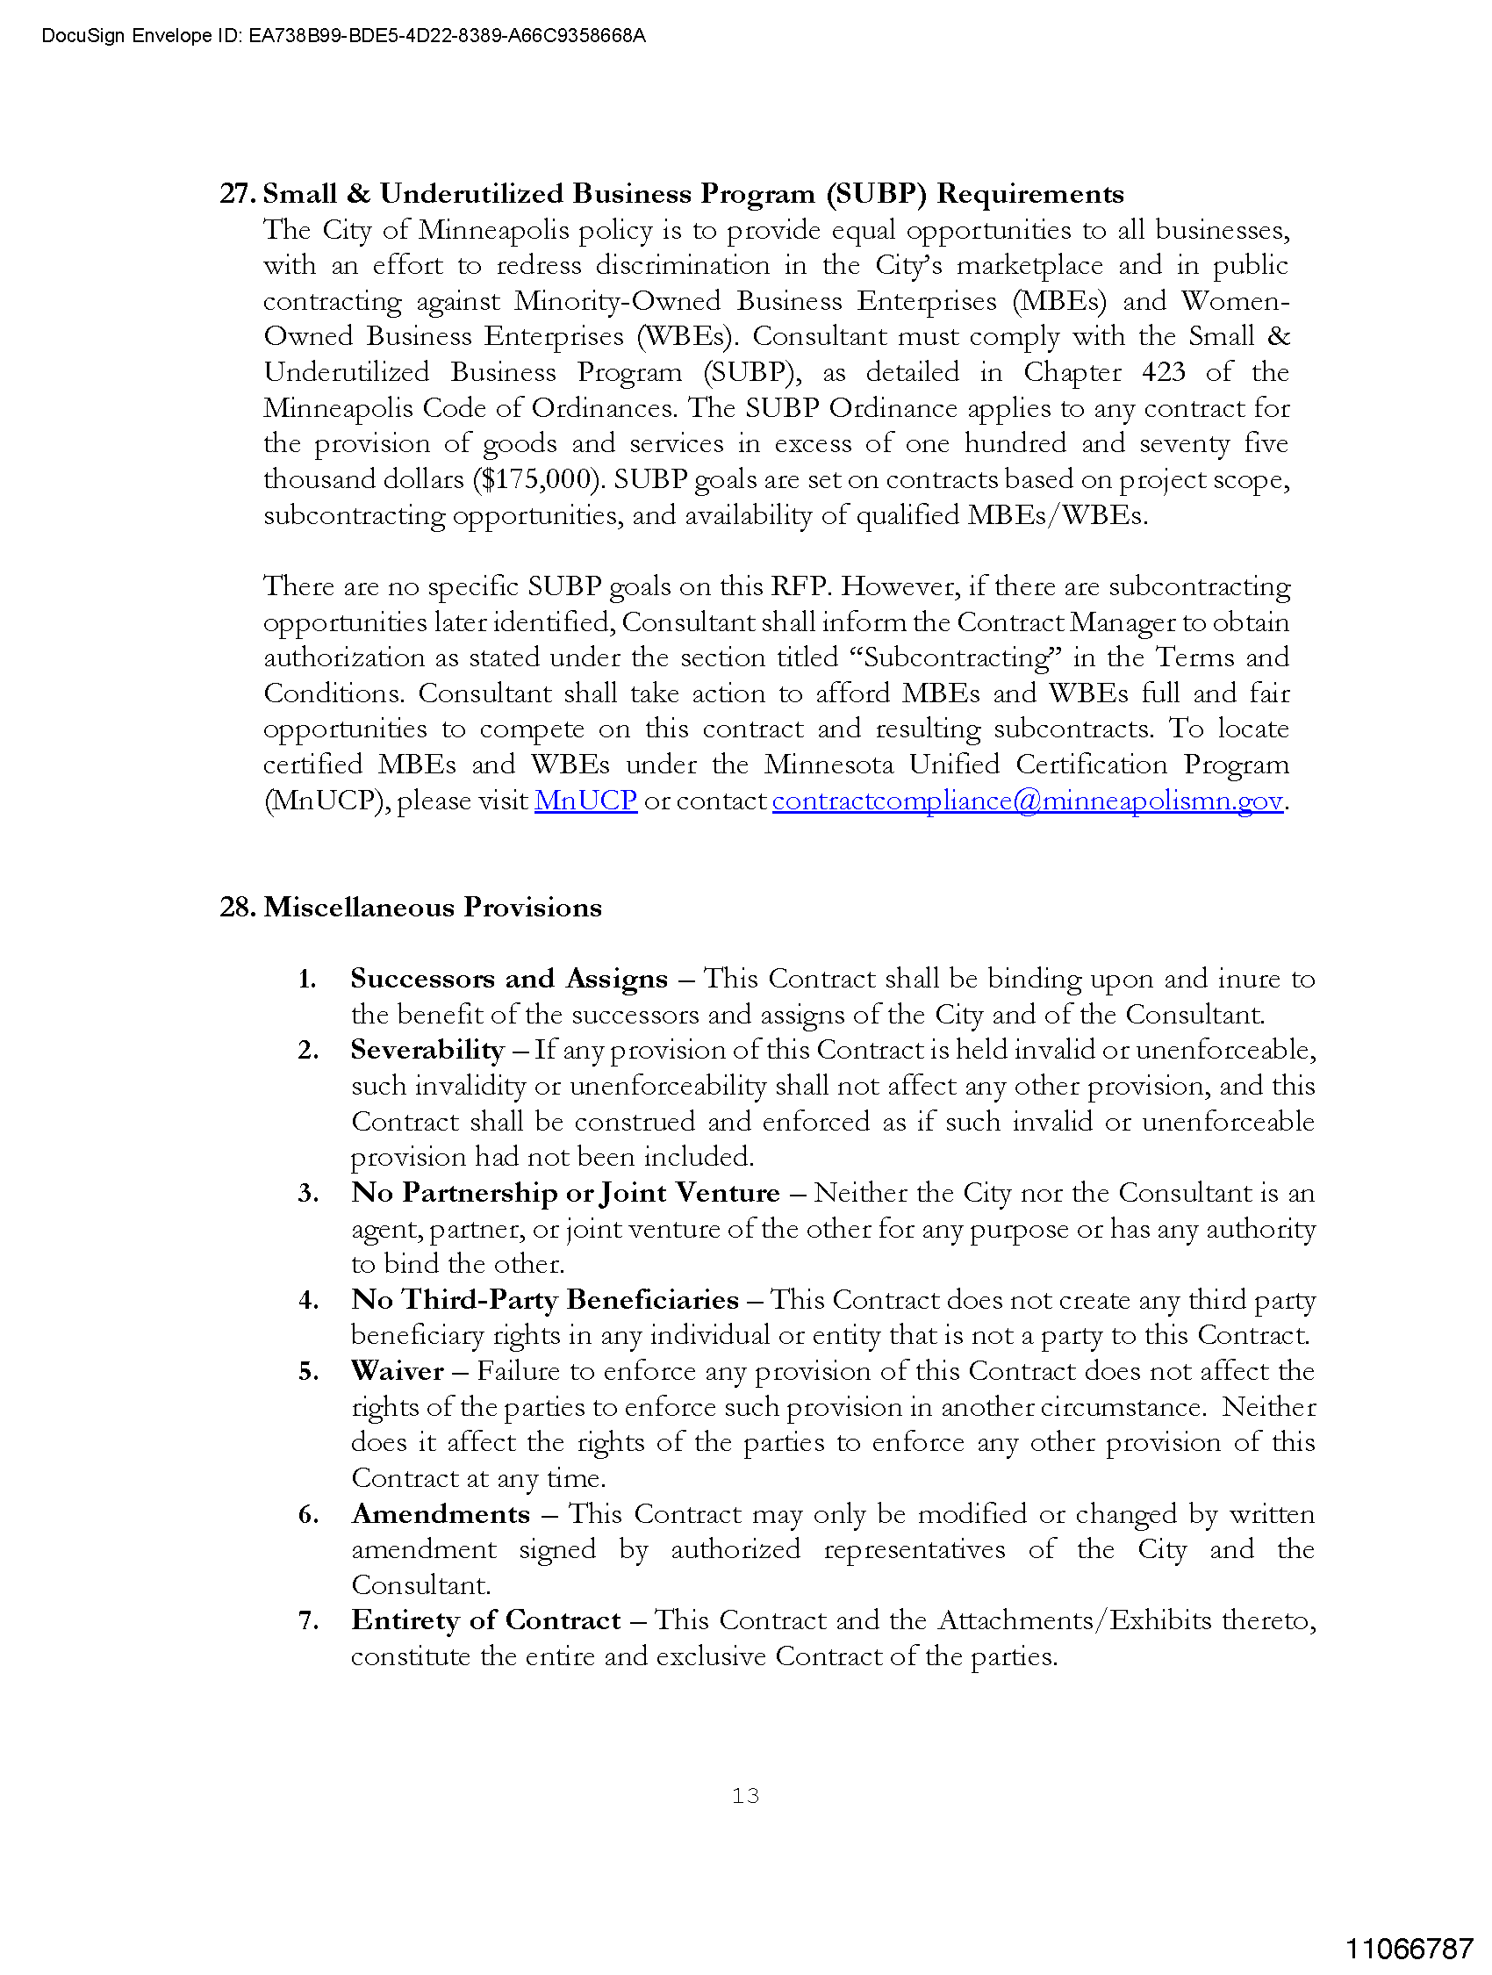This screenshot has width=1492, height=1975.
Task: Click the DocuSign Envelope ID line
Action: (x=343, y=36)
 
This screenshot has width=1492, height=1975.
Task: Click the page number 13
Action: (x=745, y=1796)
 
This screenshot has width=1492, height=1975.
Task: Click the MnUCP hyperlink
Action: (x=585, y=801)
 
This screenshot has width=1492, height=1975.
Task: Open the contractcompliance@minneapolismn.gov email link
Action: (x=1027, y=801)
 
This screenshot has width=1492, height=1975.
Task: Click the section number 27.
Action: (x=238, y=194)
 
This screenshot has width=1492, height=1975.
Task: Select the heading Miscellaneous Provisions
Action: (x=432, y=907)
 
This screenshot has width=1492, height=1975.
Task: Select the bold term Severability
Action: (x=427, y=1050)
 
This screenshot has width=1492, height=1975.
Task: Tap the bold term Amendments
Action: (x=441, y=1513)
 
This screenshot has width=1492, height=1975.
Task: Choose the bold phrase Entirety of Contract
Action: (x=485, y=1619)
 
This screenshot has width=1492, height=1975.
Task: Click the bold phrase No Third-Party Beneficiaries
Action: (x=545, y=1299)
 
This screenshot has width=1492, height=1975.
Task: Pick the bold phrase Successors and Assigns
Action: (x=508, y=979)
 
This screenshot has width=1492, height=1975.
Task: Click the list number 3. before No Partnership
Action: (x=308, y=1193)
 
